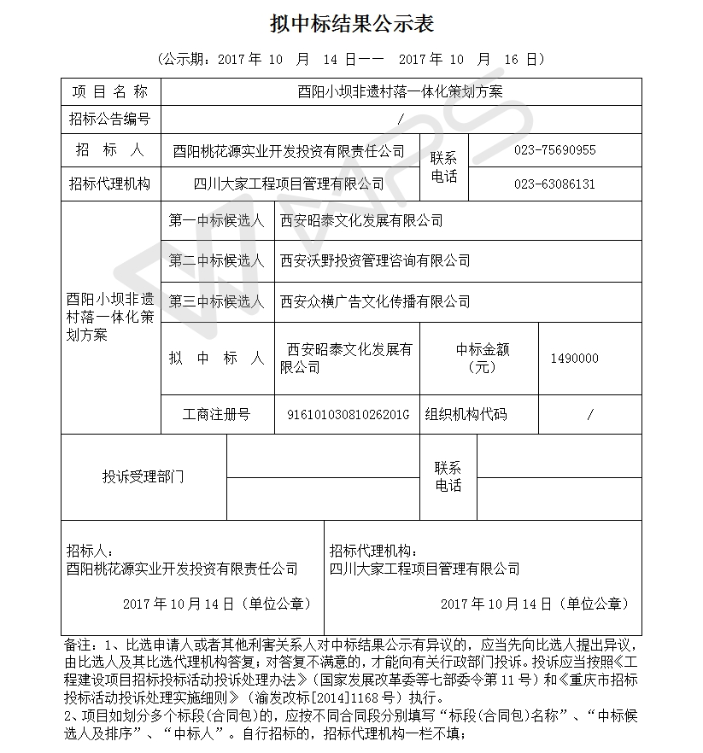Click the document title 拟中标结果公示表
pyautogui.click(x=351, y=24)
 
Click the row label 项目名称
pyautogui.click(x=109, y=91)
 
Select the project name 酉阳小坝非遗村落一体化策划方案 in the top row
pyautogui.click(x=401, y=91)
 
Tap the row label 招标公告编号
pyautogui.click(x=109, y=120)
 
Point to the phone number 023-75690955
pyautogui.click(x=554, y=150)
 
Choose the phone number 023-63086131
pyautogui.click(x=554, y=184)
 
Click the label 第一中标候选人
pyautogui.click(x=216, y=221)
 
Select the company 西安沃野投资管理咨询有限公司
pyautogui.click(x=375, y=260)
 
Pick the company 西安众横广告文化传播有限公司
pyautogui.click(x=375, y=301)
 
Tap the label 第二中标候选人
pyautogui.click(x=216, y=260)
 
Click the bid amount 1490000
pyautogui.click(x=574, y=359)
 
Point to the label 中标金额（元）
pyautogui.click(x=482, y=358)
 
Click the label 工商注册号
pyautogui.click(x=216, y=415)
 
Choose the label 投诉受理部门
pyautogui.click(x=143, y=476)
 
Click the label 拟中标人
pyautogui.click(x=216, y=359)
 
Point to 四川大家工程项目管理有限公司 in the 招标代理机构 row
pyautogui.click(x=290, y=184)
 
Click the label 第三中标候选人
pyautogui.click(x=216, y=301)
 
